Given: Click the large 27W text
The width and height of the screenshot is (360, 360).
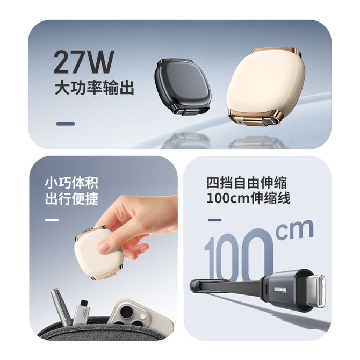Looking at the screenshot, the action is [84, 62].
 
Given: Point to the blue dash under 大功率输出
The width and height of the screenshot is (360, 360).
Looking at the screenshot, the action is [66, 124].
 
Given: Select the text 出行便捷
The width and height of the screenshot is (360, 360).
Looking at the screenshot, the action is [71, 199].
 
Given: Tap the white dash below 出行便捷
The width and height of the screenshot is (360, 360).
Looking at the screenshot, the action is [52, 220].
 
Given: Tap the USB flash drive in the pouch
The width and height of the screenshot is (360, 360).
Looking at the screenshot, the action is [82, 312].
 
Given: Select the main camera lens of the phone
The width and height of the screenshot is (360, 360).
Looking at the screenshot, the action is [126, 312].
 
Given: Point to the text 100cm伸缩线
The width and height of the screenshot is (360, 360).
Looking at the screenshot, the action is [248, 198].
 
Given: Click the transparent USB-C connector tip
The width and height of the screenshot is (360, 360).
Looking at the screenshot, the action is [313, 291].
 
